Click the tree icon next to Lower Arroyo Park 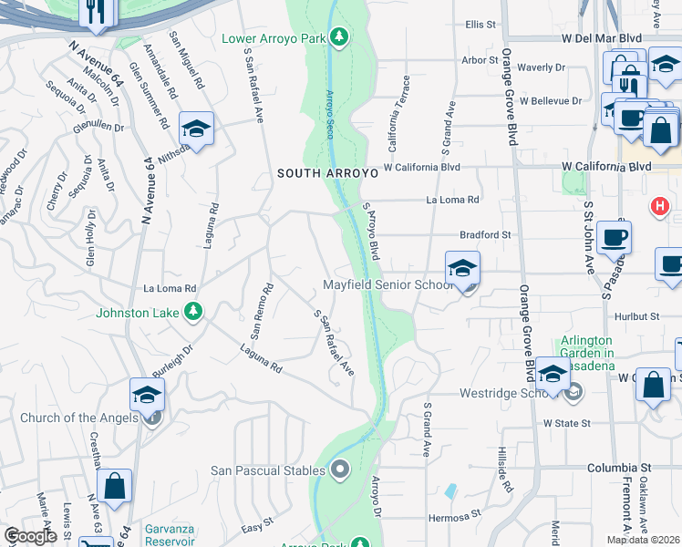point(339,36)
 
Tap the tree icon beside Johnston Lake point(193,313)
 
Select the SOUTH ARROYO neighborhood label point(325,172)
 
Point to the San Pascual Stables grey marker point(341,470)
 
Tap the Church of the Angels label point(78,418)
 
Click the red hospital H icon point(658,207)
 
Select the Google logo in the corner point(30,536)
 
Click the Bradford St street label point(485,234)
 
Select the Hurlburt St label point(636,316)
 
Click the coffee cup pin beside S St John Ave point(614,237)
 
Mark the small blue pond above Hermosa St point(451,491)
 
